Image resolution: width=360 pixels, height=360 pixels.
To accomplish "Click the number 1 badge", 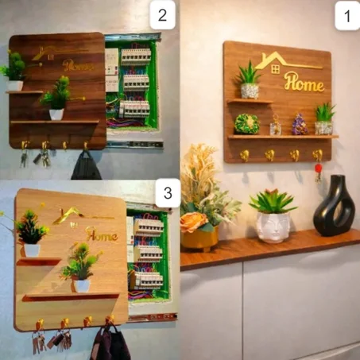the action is pos(347,16).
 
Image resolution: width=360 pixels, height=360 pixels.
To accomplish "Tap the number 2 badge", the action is pos(162,15).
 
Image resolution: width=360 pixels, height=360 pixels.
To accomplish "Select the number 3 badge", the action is pos(168,192).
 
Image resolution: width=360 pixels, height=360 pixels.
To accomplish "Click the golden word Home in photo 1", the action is pos(304,82).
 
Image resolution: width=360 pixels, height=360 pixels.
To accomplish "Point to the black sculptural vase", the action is pos(334,206).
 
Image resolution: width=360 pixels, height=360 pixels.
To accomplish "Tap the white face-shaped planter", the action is pos(273,227).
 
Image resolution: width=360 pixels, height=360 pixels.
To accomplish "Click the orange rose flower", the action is pos(192,222).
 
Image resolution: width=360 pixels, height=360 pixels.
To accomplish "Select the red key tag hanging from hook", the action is pos(318,168).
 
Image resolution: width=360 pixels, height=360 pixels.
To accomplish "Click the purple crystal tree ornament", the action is pos(300,124).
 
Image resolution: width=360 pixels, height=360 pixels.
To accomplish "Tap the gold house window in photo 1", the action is pos(276,69).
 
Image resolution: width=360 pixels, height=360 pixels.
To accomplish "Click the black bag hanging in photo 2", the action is pos(86,166).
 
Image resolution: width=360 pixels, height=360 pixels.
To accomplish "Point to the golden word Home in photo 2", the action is pos(78,66).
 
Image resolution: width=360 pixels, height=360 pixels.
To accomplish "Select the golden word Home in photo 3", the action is pos(102,234).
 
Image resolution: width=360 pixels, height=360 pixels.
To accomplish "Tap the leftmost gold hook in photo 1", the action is pos(244,155).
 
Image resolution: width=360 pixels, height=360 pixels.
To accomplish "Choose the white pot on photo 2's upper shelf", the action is pos(14,86).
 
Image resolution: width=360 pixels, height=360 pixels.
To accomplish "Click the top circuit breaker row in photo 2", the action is pos(136,56).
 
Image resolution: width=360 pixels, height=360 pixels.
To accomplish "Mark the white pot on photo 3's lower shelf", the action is pos(82,285).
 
